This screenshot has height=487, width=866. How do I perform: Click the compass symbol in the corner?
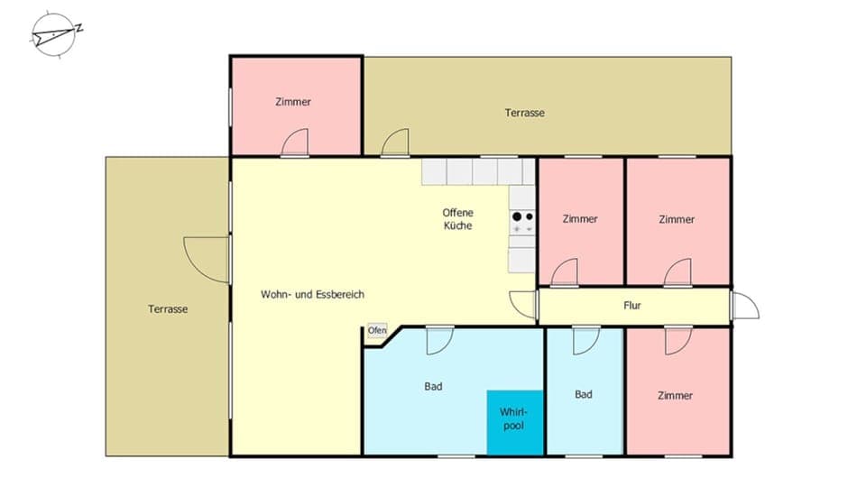pos(55,35)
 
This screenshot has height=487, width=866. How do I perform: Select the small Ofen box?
pos(376,331)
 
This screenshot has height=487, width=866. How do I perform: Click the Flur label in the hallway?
pos(632,306)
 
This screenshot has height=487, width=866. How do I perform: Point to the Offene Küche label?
pos(457,219)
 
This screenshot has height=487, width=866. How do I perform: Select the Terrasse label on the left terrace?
pos(168,308)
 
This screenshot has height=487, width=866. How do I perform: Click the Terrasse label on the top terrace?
pos(524,113)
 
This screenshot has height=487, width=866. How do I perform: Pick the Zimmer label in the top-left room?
pos(293,102)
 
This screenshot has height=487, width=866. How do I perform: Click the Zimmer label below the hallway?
pos(675,395)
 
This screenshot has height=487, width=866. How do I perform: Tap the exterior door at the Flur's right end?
pos(744,306)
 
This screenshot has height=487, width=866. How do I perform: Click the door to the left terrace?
pos(207,259)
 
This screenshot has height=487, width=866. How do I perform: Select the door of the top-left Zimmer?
pos(295,143)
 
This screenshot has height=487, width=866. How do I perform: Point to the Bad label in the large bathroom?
pos(433,387)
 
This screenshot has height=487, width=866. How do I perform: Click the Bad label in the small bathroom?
pos(584,394)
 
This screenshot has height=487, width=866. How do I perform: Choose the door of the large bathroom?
pos(439,339)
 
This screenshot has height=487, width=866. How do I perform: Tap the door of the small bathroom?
pos(586,339)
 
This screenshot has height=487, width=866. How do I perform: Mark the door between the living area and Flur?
pos(523,304)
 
